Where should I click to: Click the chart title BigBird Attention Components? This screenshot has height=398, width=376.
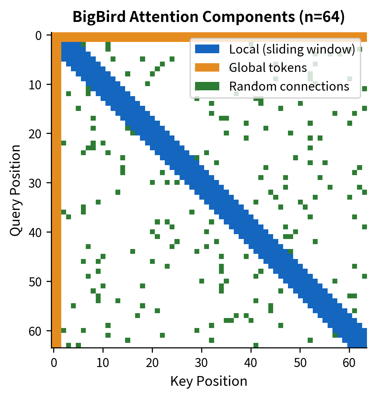[209, 17]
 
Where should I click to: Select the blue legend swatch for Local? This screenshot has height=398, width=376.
[207, 49]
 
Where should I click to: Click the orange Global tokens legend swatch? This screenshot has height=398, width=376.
[207, 67]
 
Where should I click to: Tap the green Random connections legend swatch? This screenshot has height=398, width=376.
[207, 86]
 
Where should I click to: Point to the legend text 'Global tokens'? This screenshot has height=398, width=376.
[268, 67]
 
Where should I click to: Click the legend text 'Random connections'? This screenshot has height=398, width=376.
[289, 86]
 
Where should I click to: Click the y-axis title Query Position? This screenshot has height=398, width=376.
[15, 190]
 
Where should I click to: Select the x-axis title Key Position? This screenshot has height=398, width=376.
[209, 381]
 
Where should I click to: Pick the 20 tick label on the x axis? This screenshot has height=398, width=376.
[152, 363]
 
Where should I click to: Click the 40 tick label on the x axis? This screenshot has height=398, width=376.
[251, 363]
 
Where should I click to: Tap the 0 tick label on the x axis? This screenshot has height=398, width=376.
[54, 363]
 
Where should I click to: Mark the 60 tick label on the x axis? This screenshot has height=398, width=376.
[349, 363]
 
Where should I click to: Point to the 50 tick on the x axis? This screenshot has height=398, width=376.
[300, 363]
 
